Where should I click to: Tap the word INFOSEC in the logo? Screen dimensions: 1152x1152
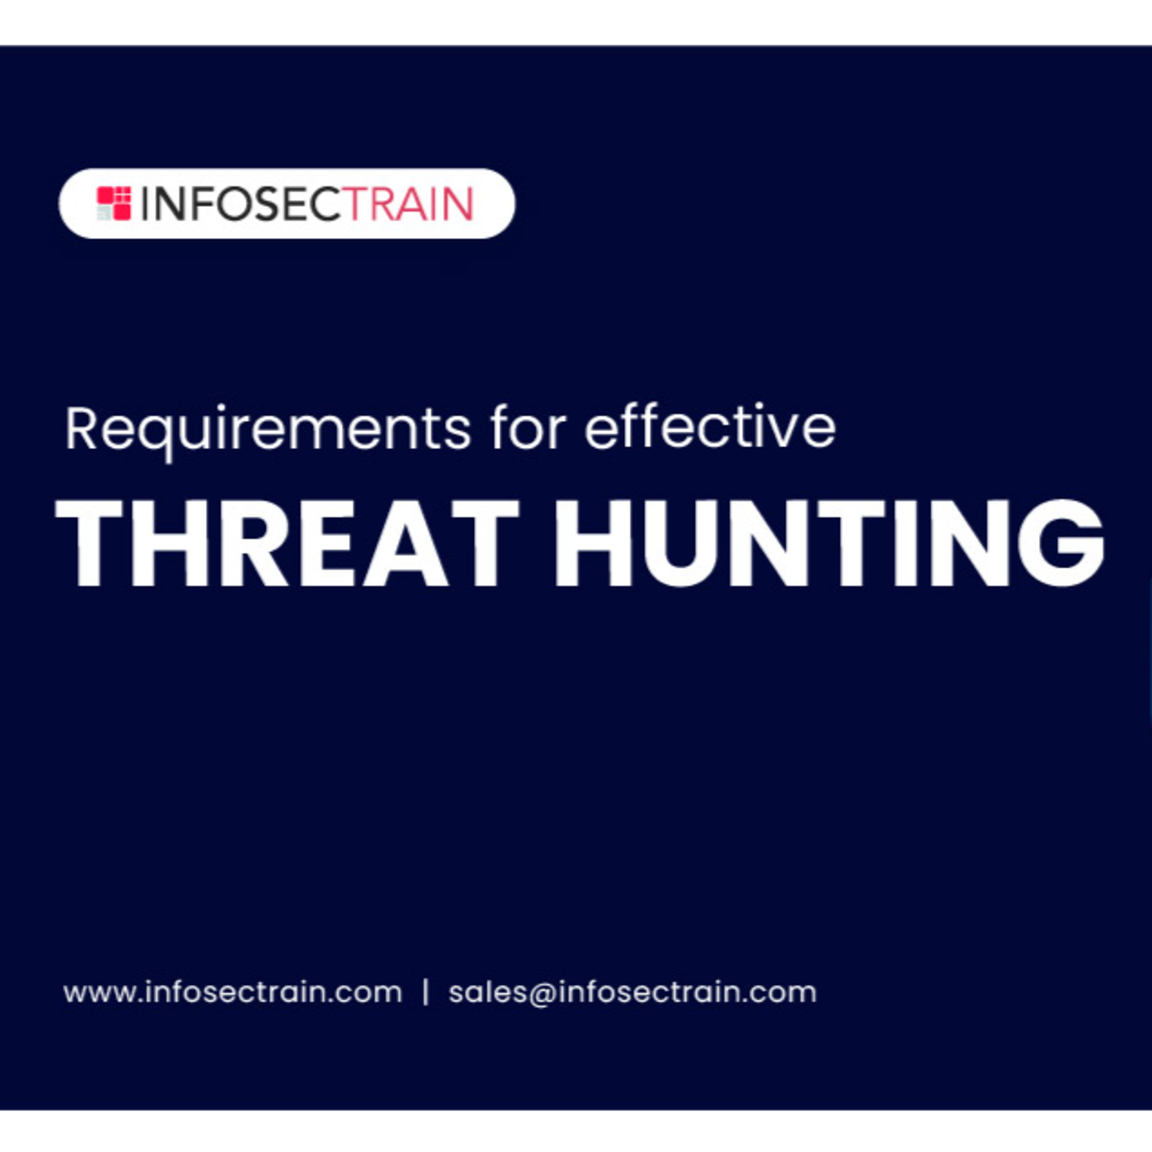tap(241, 204)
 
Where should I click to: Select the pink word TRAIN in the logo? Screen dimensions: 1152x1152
tap(407, 204)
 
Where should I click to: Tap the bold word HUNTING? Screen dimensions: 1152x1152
tap(829, 543)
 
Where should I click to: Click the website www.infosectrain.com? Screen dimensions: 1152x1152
tap(233, 993)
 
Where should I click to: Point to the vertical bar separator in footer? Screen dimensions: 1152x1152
tap(425, 993)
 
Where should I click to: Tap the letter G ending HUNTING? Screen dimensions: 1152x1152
tap(1060, 543)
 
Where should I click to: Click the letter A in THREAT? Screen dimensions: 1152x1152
tap(406, 543)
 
